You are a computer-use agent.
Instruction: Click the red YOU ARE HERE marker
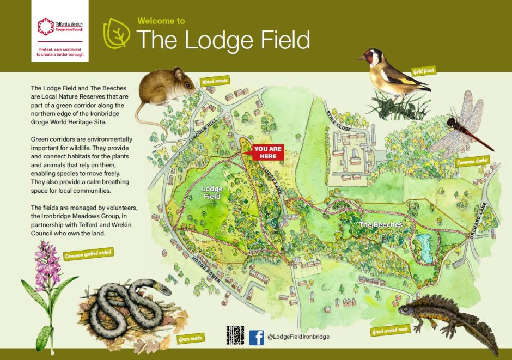tap(267, 152)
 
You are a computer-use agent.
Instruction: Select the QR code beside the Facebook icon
tap(235, 335)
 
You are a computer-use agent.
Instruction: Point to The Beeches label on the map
tap(380, 225)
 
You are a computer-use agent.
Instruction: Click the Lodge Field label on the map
tap(211, 192)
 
